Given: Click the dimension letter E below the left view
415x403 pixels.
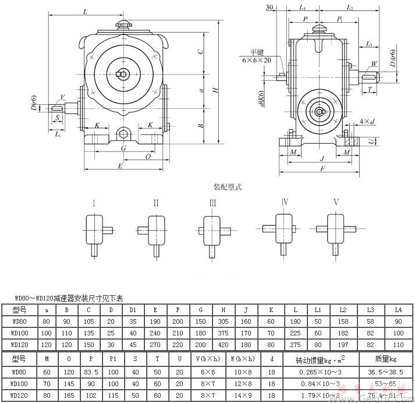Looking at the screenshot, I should tap(120, 166).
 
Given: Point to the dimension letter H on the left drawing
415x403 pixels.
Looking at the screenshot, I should tap(215, 90).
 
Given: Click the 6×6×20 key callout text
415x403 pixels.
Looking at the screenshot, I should tap(257, 60).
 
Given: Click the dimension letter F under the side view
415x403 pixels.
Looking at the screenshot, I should tap(322, 168).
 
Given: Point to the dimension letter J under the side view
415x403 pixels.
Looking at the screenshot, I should tap(322, 157).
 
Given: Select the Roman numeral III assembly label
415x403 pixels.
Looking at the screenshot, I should tap(212, 203).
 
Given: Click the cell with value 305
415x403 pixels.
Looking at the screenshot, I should tap(223, 321).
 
